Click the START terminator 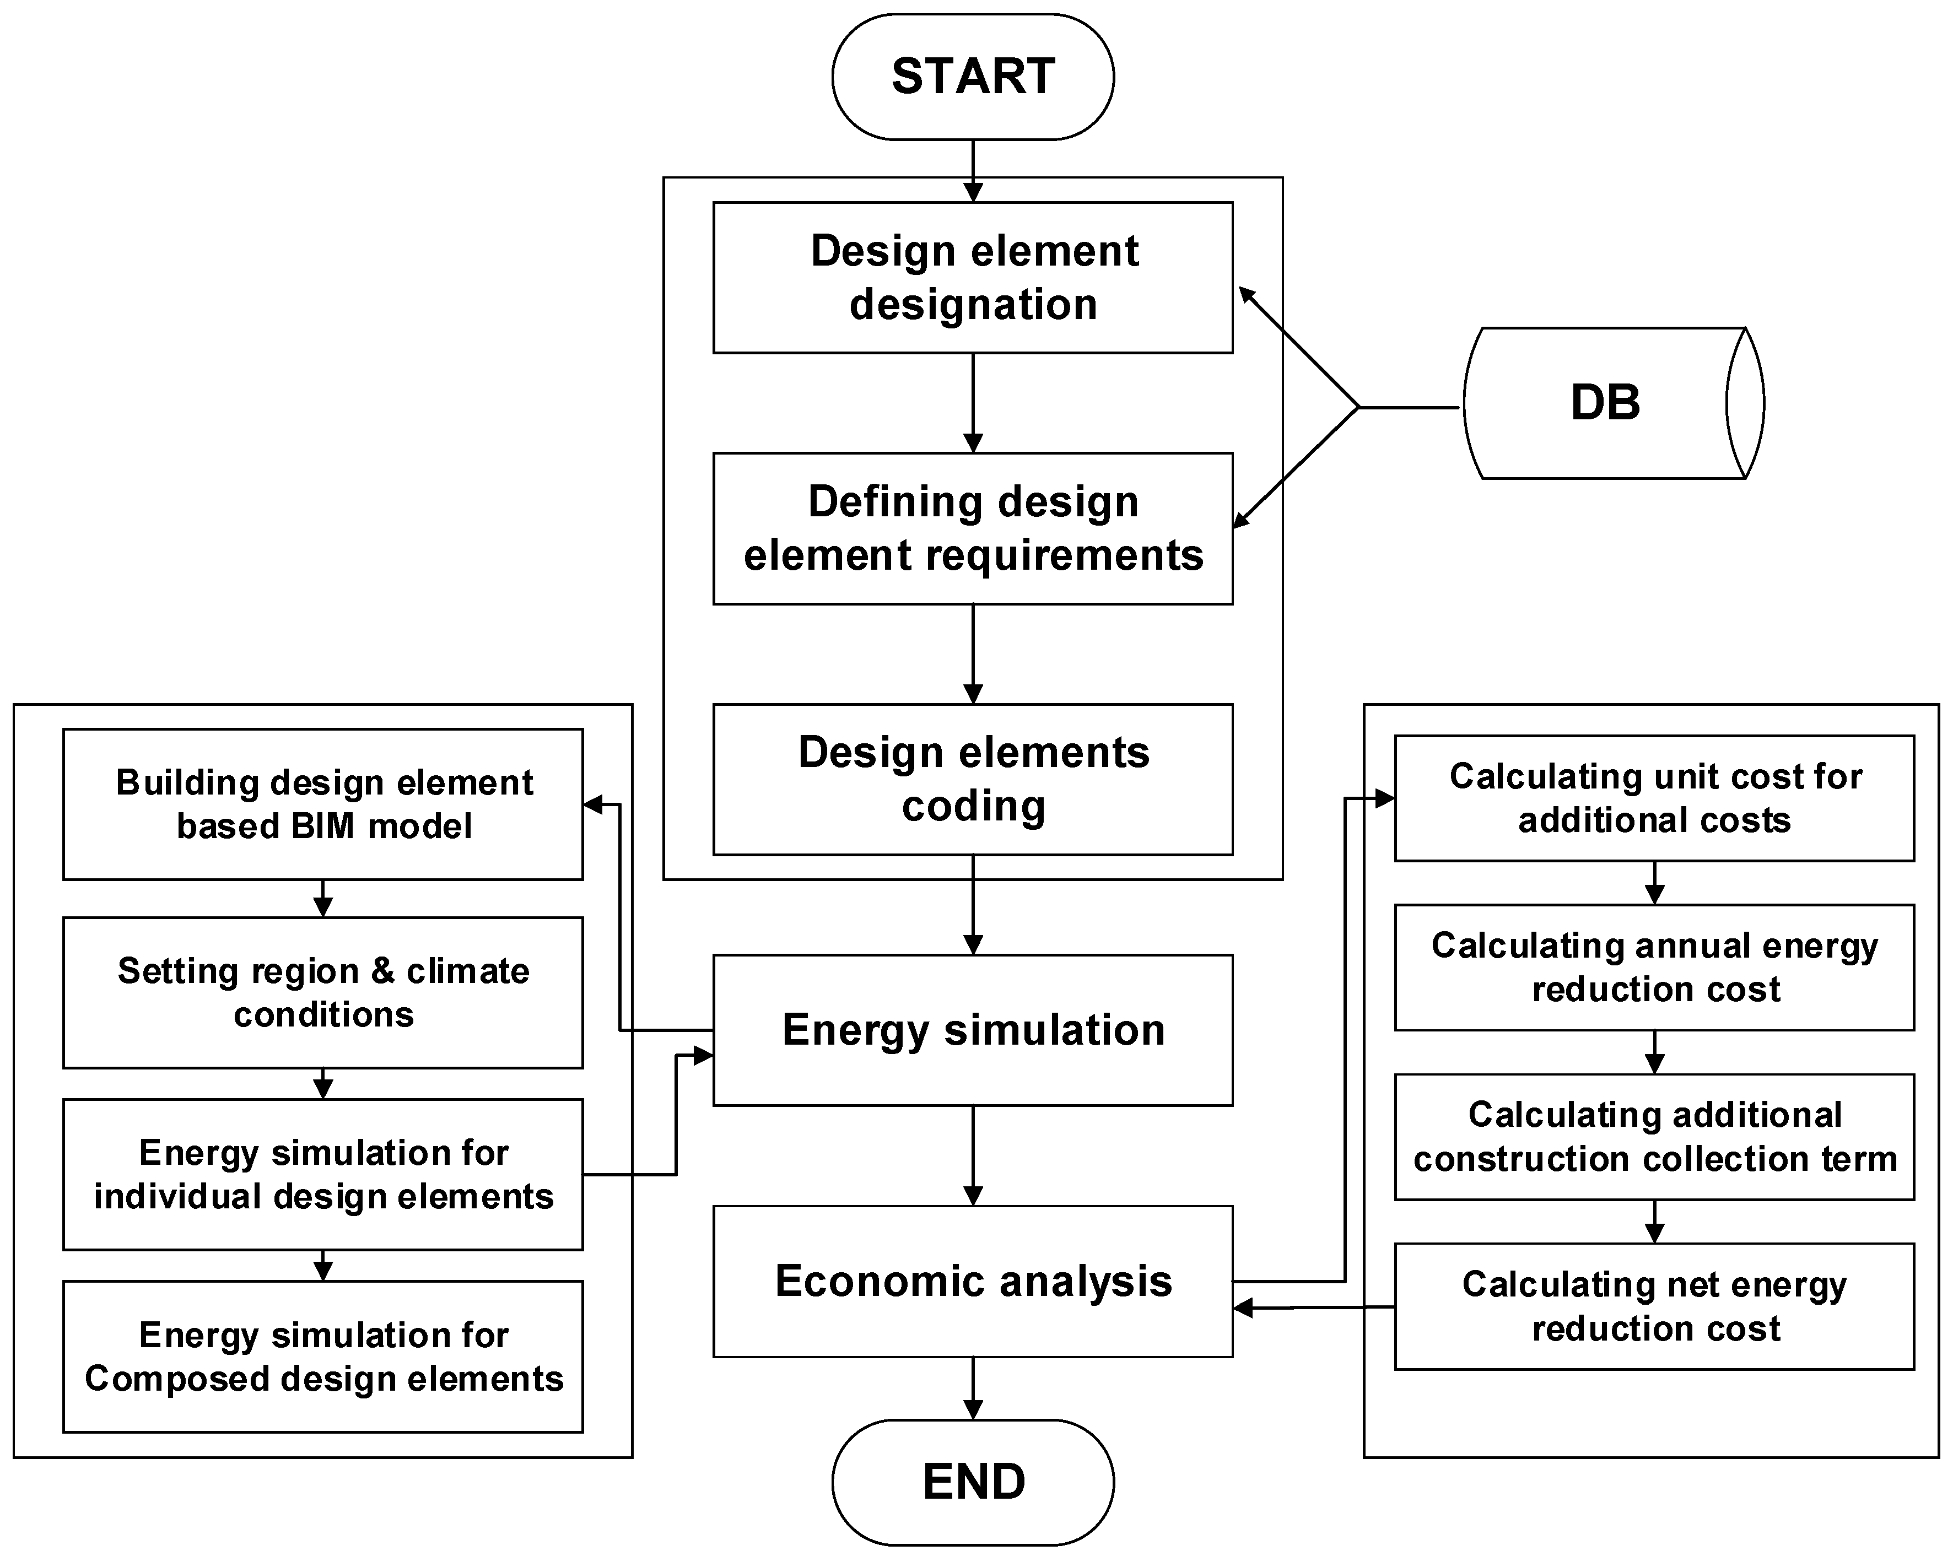tap(972, 77)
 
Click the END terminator tap(972, 1482)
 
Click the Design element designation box tap(972, 277)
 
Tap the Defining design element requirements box tap(972, 528)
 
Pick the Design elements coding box tap(972, 779)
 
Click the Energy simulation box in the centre tap(972, 1030)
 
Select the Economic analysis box tap(972, 1281)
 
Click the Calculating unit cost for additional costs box tap(1654, 798)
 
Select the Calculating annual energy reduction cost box tap(1654, 968)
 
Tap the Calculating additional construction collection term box tap(1654, 1137)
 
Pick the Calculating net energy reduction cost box tap(1654, 1306)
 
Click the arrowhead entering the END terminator tap(973, 1410)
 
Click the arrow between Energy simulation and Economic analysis tap(973, 1155)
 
